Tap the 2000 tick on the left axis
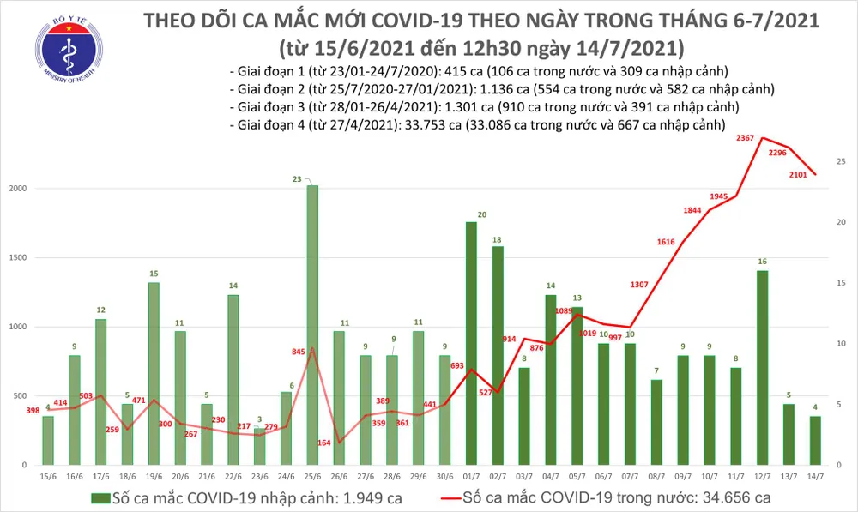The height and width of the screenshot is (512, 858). (20, 188)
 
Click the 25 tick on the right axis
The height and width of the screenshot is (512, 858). (842, 161)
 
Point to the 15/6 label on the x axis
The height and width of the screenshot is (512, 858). (47, 475)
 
